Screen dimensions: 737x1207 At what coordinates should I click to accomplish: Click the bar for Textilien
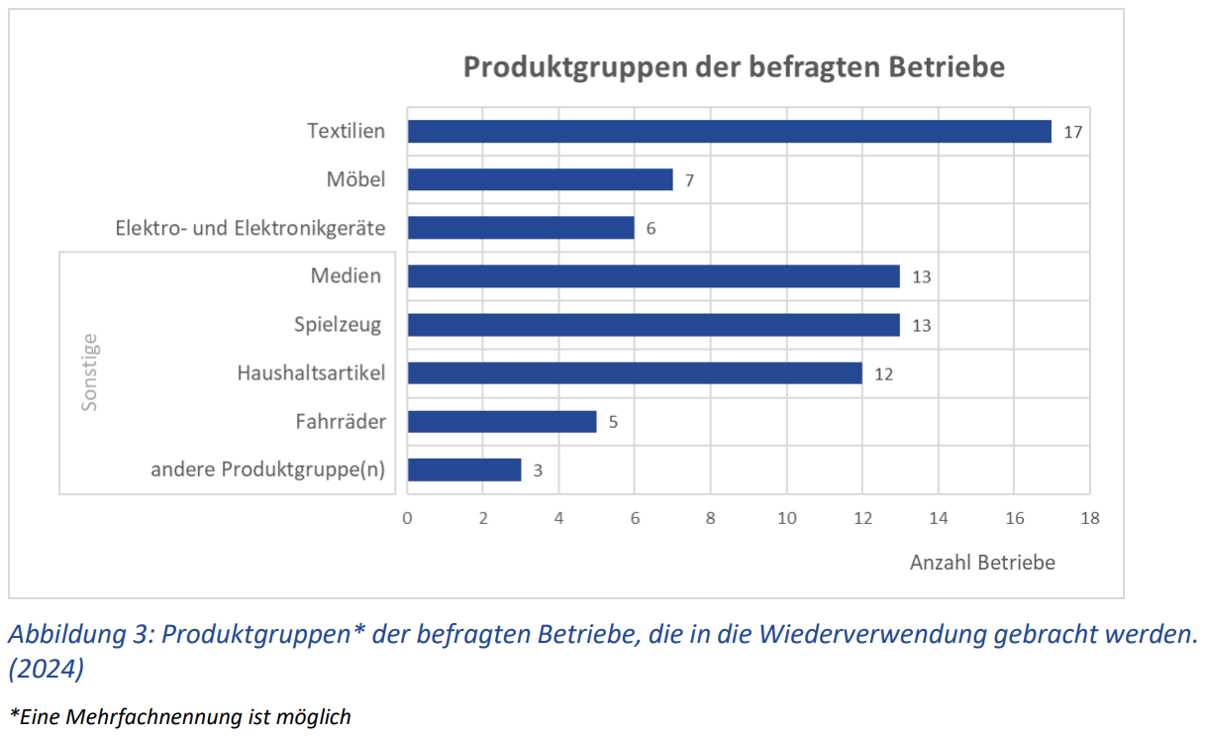(729, 132)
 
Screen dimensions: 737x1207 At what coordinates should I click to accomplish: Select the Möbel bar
(540, 179)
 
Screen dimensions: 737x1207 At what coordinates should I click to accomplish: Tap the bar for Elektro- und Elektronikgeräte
(521, 228)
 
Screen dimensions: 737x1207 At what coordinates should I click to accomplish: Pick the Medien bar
(654, 276)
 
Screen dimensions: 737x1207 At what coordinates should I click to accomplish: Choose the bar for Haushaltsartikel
(635, 373)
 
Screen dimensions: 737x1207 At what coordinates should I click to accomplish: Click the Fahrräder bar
(502, 422)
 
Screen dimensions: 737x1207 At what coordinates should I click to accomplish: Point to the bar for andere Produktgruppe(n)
(464, 470)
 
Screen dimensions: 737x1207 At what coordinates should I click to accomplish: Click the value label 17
(1072, 132)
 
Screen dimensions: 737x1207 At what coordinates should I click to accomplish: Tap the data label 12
(883, 373)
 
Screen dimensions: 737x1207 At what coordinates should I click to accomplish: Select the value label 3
(538, 471)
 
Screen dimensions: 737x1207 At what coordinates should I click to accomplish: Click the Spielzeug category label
(339, 324)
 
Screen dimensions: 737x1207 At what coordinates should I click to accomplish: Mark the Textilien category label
(346, 131)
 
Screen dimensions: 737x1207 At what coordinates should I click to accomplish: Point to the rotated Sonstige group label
(90, 372)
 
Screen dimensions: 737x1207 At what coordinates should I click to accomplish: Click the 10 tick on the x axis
(786, 518)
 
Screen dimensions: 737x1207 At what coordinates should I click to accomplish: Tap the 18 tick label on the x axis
(1089, 518)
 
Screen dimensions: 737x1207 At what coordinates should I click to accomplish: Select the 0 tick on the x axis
(407, 518)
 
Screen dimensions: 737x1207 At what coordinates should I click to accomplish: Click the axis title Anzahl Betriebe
(982, 563)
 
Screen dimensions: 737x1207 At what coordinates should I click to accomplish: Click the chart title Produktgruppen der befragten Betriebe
(734, 67)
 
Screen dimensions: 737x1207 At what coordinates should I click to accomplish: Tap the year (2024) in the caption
(47, 669)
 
